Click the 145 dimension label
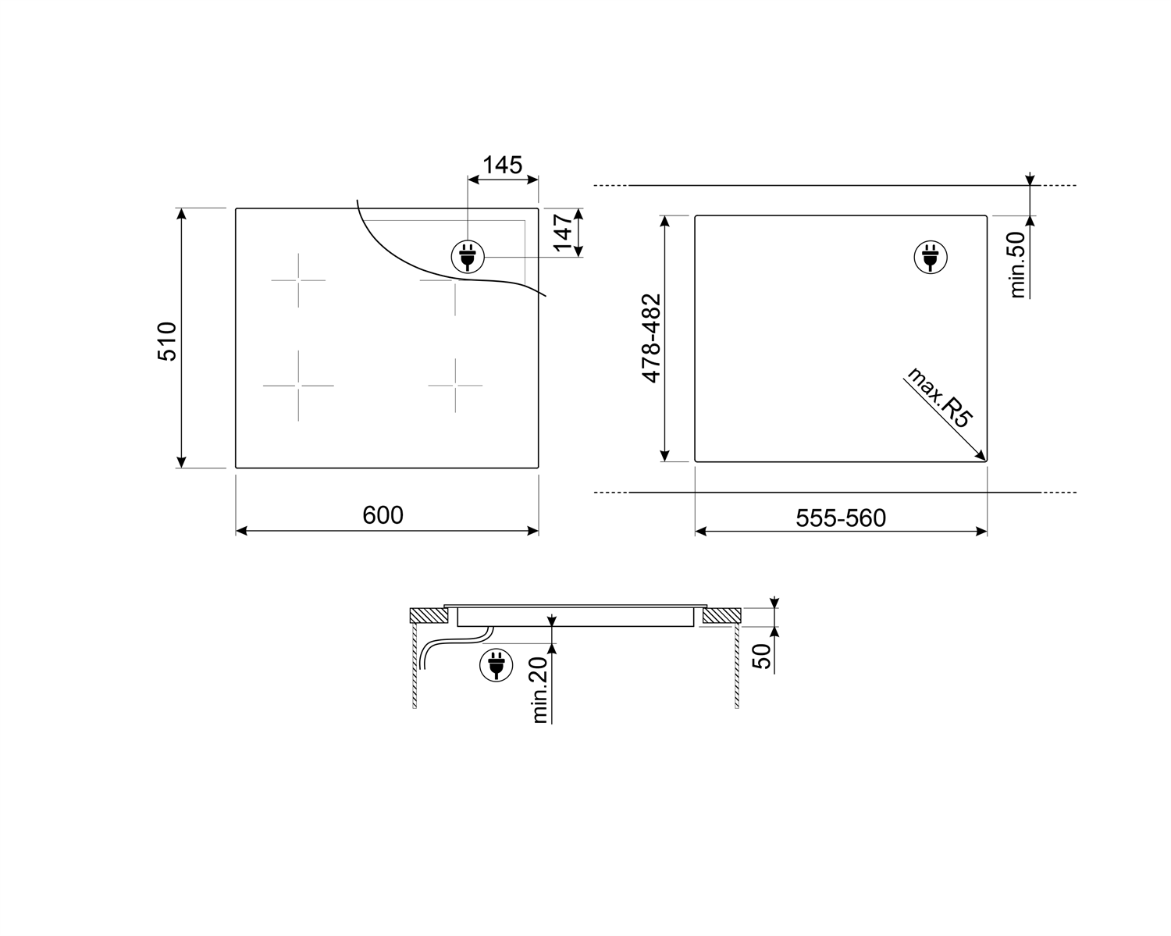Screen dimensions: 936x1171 click(x=502, y=165)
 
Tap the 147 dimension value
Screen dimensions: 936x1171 click(x=563, y=233)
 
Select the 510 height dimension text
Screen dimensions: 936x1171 click(x=168, y=340)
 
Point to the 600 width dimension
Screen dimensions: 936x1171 click(x=383, y=515)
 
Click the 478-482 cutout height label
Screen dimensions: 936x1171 click(x=652, y=338)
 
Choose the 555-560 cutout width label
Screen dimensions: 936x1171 click(x=841, y=518)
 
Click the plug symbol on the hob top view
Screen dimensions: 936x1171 click(x=468, y=256)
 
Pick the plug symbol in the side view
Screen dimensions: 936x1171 click(x=495, y=665)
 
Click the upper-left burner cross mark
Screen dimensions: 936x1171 click(x=298, y=279)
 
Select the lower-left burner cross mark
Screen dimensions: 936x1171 click(x=298, y=385)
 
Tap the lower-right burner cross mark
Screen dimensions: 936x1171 click(x=455, y=385)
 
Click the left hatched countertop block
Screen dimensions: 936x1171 click(x=429, y=616)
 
